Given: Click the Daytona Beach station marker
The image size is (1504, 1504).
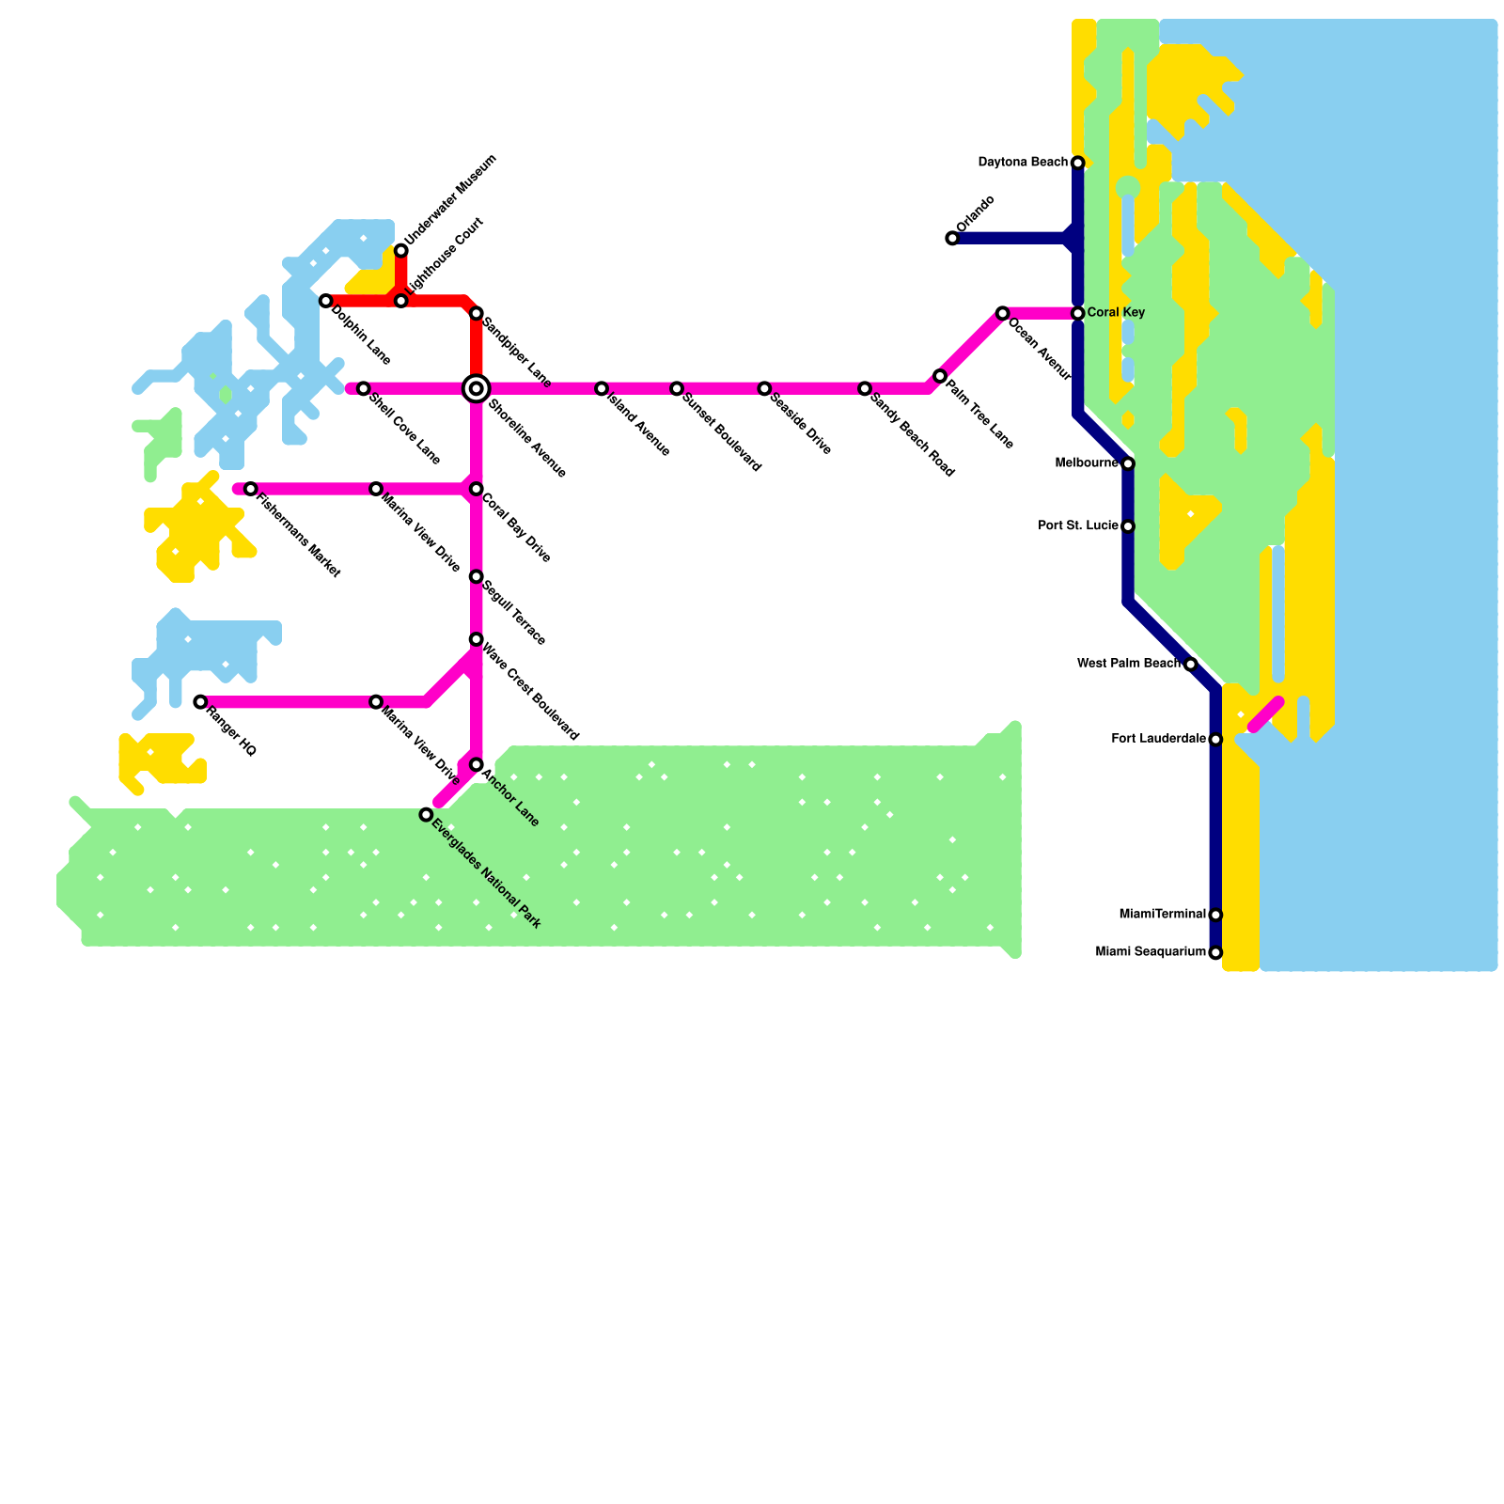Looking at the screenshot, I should pos(1077,164).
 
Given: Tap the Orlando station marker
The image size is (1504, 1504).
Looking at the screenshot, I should pos(952,239).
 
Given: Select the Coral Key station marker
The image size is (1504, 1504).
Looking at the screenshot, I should pos(1077,313).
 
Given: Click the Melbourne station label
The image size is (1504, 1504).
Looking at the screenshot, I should pos(1087,463).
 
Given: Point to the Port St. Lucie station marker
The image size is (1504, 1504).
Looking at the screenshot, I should pos(1128,526).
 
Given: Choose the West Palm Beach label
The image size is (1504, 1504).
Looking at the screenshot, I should pos(1128,664).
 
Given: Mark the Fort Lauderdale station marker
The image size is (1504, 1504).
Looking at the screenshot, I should pos(1215,740).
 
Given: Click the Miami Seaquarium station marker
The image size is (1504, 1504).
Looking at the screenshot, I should pos(1215,953).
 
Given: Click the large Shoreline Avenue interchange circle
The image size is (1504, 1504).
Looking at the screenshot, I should pos(477,388).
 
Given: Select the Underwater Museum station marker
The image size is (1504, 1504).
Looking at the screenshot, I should pos(401,250).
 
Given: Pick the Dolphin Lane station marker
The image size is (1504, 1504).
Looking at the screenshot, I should pos(326,301).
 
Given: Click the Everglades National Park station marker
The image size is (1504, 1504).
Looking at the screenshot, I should pos(426,815).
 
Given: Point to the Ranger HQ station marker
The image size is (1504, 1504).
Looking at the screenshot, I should pos(200,702).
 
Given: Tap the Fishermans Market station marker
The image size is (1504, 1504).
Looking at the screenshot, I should pos(250,489).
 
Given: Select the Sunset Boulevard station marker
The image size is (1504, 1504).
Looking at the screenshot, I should pos(677,388).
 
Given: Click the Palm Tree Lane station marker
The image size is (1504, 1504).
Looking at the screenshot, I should pos(940,376).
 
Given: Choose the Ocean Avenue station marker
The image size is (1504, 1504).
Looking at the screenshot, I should pos(1002,313).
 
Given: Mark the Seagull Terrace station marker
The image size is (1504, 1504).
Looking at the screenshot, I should pos(477,576).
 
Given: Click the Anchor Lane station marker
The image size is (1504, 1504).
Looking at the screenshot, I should pos(477,765).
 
